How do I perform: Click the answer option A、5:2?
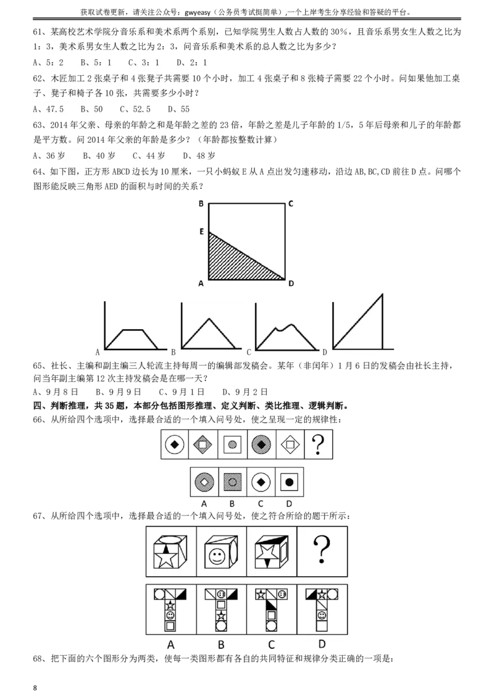(48, 62)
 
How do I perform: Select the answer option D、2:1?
(192, 62)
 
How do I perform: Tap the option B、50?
(92, 109)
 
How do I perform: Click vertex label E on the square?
(201, 232)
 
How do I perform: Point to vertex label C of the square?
(290, 203)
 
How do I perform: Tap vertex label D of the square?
(290, 283)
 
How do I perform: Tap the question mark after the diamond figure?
(319, 444)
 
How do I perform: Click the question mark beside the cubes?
(322, 550)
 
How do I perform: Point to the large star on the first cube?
(167, 559)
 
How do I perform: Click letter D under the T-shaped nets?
(322, 644)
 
